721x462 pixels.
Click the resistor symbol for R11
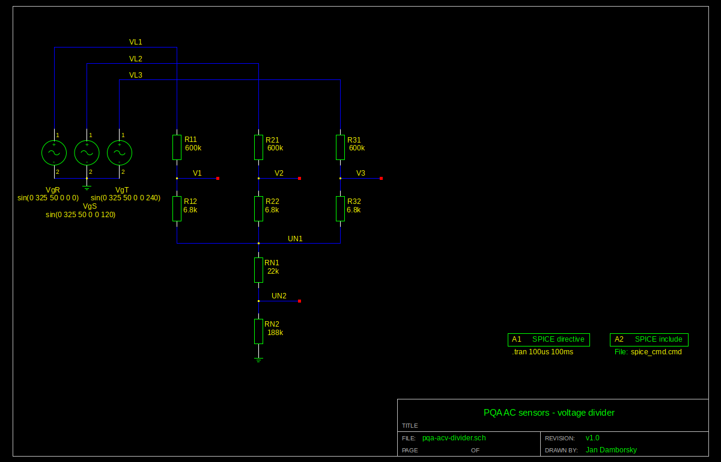pos(177,147)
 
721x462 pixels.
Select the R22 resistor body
pos(258,209)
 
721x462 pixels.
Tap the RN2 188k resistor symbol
pos(258,331)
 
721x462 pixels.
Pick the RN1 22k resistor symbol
pos(258,270)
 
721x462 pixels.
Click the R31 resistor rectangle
pos(340,147)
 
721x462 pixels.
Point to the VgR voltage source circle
pos(54,153)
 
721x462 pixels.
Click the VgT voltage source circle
pos(120,153)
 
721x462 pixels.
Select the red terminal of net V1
pos(218,178)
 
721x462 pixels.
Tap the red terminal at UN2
pos(300,301)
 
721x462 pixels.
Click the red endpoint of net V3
pos(382,178)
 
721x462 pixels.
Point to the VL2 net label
pos(136,58)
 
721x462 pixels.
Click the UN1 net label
pos(295,239)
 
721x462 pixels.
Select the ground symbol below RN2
pos(258,360)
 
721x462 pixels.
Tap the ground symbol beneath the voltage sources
pos(87,188)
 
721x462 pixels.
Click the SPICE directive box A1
pos(549,339)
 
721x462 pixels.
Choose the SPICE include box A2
pos(649,339)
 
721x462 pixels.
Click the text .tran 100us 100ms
pos(543,352)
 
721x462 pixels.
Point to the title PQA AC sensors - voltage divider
pos(549,413)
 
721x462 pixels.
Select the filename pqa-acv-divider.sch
pos(454,438)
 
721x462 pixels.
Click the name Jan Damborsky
pos(611,450)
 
